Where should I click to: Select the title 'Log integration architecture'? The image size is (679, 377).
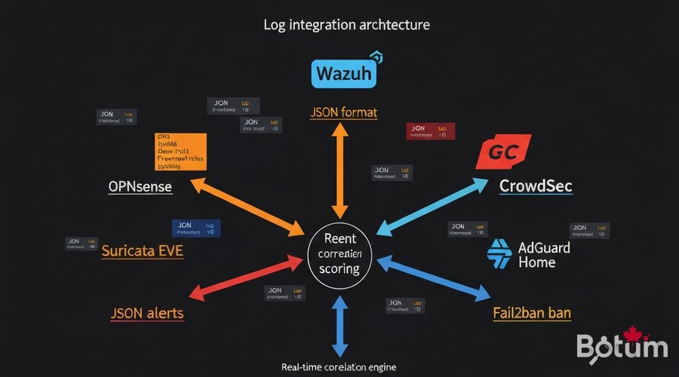click(x=346, y=24)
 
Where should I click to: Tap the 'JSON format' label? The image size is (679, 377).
click(x=343, y=112)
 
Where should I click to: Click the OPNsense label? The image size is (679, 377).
click(x=140, y=186)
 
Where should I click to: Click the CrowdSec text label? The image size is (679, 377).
click(x=536, y=185)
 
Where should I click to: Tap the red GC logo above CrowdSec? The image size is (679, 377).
click(x=503, y=152)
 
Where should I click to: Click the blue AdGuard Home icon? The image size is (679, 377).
click(x=500, y=254)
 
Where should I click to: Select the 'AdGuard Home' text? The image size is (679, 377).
click(x=544, y=255)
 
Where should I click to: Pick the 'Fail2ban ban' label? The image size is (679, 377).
click(x=531, y=312)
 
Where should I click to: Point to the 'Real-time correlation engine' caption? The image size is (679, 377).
click(x=339, y=367)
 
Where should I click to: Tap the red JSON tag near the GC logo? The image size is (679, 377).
click(x=431, y=132)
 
